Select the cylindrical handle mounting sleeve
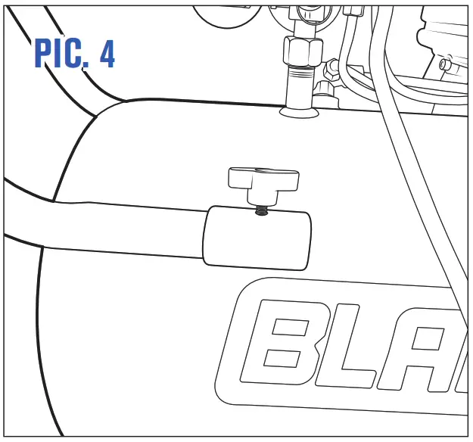tap(257, 238)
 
